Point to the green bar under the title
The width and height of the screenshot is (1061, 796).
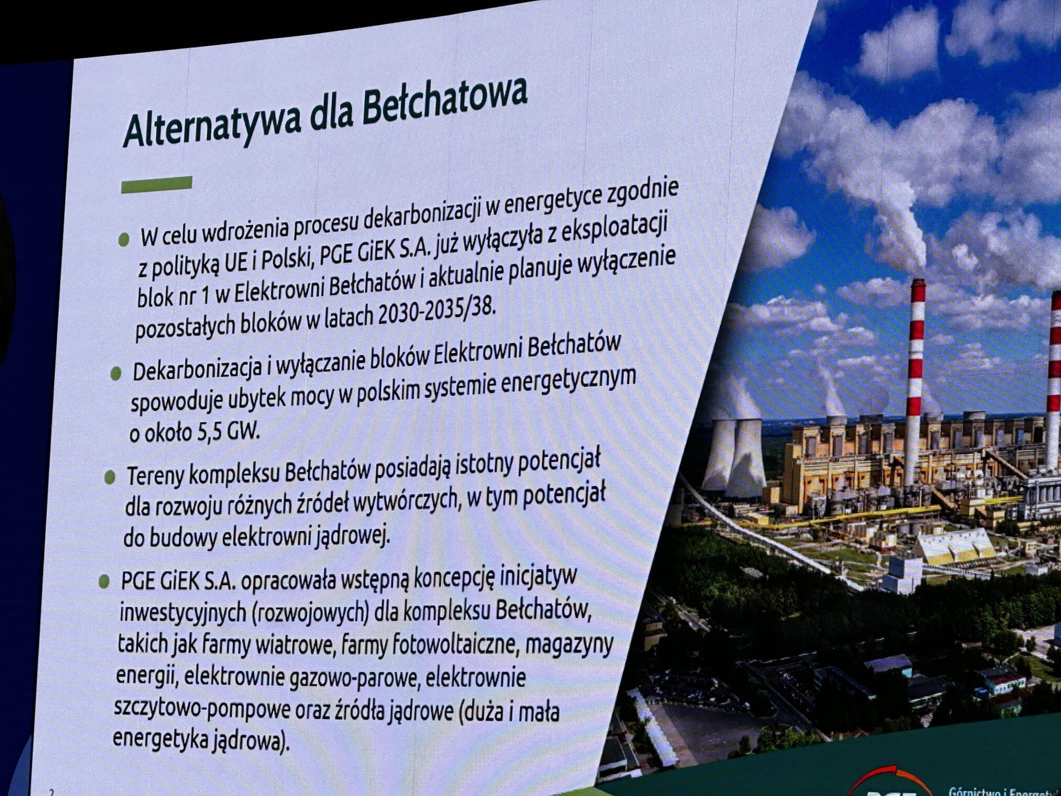[156, 185]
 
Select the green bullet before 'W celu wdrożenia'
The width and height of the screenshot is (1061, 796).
[124, 239]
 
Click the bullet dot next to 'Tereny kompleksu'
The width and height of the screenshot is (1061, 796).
[109, 476]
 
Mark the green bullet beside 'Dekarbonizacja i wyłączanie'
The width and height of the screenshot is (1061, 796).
[115, 374]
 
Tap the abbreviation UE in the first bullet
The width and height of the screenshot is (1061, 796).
[236, 264]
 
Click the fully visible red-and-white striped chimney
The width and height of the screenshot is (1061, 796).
[915, 381]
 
